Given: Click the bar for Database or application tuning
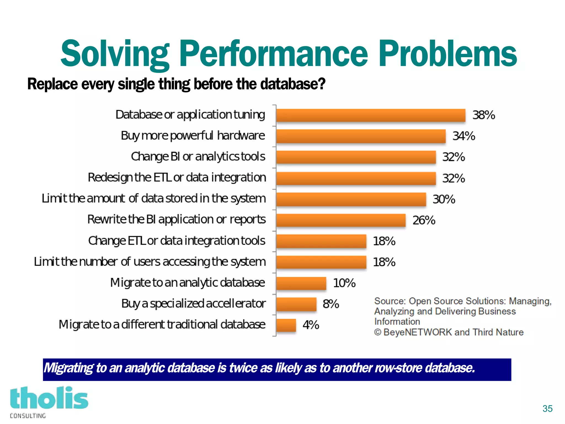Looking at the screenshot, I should [371, 115].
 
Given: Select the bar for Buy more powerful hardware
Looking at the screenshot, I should [361, 136].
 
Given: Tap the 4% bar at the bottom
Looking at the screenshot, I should [286, 325].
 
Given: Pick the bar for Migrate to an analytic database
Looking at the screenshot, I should [301, 283].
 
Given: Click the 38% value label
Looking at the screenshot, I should [484, 115].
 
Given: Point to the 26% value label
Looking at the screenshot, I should [424, 220].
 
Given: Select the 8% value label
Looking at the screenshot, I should [331, 304].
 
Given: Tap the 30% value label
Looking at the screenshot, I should [444, 199].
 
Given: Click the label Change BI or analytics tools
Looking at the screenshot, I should [198, 157].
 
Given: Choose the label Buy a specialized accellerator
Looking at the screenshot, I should [193, 304].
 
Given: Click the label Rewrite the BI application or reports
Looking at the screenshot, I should [176, 220].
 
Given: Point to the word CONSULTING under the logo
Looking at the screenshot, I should [28, 416].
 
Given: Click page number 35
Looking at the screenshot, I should [547, 409].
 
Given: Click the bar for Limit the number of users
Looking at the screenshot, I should [321, 262].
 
